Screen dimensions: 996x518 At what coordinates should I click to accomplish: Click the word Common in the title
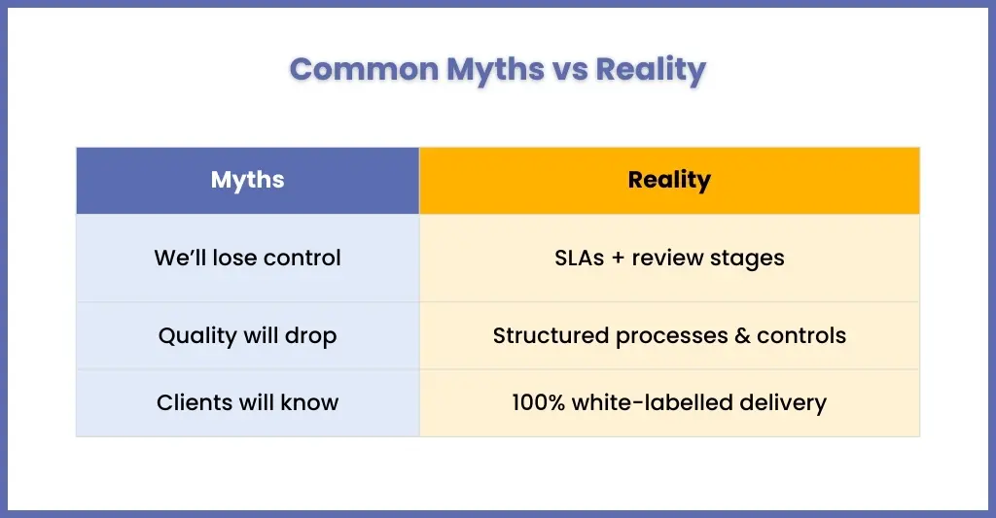pyautogui.click(x=364, y=69)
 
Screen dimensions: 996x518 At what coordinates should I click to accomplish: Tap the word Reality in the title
pyautogui.click(x=651, y=70)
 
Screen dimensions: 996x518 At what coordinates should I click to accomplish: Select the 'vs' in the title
pyautogui.click(x=570, y=70)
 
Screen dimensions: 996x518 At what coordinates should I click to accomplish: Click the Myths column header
pyautogui.click(x=248, y=181)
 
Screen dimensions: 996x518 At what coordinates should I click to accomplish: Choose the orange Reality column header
pyautogui.click(x=669, y=181)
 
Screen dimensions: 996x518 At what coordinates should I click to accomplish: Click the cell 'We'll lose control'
pyautogui.click(x=248, y=258)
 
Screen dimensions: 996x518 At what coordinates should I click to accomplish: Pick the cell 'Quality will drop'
pyautogui.click(x=248, y=336)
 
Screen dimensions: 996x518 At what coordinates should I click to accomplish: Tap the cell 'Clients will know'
pyautogui.click(x=248, y=402)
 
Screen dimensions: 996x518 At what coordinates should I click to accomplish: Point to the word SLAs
pyautogui.click(x=580, y=258)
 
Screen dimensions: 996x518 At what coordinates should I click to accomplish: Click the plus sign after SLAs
pyautogui.click(x=618, y=259)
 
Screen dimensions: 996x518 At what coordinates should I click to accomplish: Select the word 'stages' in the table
pyautogui.click(x=747, y=259)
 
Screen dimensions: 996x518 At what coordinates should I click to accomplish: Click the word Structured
pyautogui.click(x=551, y=336)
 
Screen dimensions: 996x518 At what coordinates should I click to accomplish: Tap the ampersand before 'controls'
pyautogui.click(x=742, y=336)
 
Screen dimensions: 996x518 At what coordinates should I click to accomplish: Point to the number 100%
pyautogui.click(x=538, y=402)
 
